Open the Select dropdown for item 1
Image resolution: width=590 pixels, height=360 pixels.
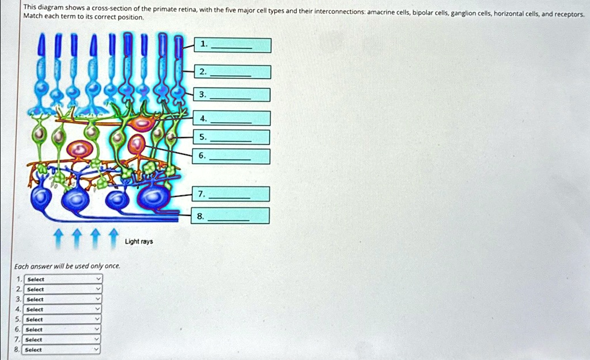[63, 279]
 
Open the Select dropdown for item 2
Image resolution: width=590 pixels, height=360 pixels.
[63, 289]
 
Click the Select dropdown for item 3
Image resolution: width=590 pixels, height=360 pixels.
[63, 300]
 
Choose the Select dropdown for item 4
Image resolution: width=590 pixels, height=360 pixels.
[63, 309]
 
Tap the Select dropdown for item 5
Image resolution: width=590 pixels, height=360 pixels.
[63, 319]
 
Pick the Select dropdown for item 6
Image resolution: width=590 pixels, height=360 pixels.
[63, 329]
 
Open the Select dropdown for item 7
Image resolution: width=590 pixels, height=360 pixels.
[63, 339]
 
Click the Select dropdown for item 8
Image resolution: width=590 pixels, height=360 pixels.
[63, 350]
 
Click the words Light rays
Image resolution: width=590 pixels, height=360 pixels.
[139, 241]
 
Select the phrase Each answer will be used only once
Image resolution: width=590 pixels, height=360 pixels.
[67, 266]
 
